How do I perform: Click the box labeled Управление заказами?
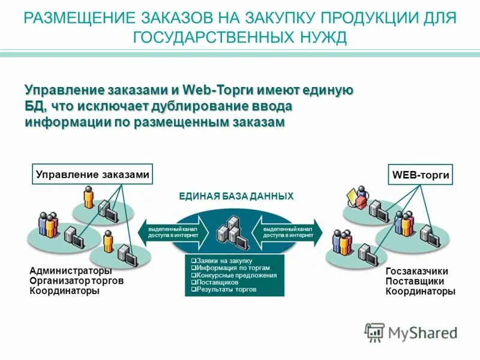click(x=92, y=175)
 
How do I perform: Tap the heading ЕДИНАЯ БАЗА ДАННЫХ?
click(x=236, y=196)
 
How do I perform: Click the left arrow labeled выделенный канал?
click(x=174, y=232)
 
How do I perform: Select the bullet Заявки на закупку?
click(x=221, y=261)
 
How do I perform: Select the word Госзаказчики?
click(x=416, y=272)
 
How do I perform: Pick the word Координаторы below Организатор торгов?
click(x=64, y=291)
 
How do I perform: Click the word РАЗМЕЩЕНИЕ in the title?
click(x=74, y=17)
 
